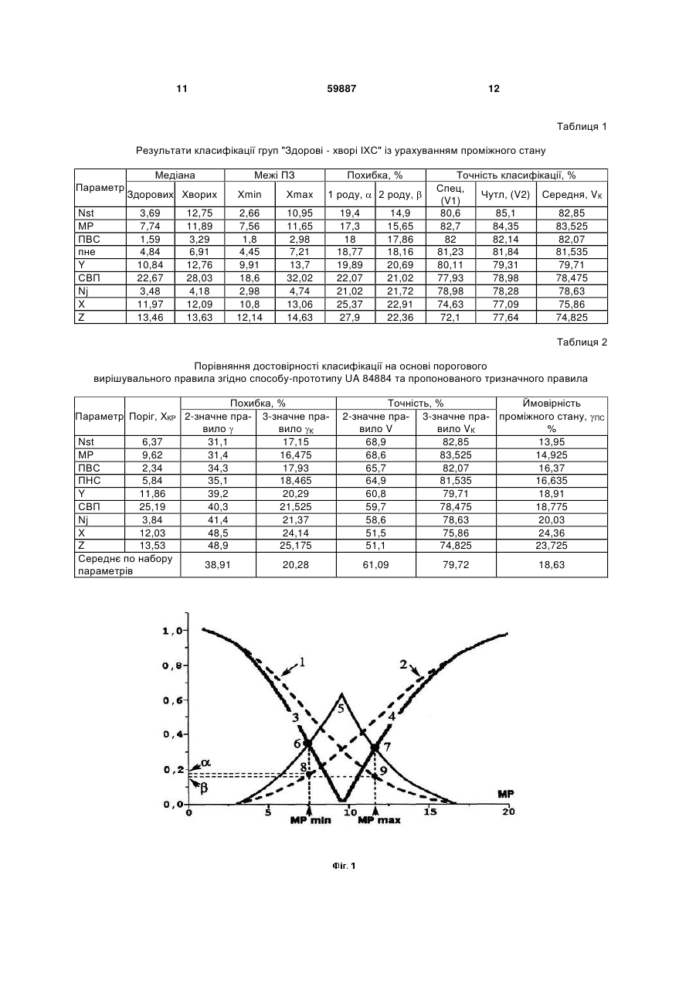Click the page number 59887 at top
pyautogui.click(x=341, y=89)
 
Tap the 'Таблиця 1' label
pyautogui.click(x=582, y=127)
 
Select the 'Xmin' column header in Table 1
pyautogui.click(x=250, y=194)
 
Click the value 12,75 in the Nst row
pyautogui.click(x=199, y=213)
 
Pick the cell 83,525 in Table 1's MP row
pyautogui.click(x=572, y=226)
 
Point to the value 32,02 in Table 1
pyautogui.click(x=300, y=278)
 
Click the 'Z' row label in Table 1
pyautogui.click(x=81, y=317)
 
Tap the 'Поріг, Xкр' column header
pyautogui.click(x=152, y=417)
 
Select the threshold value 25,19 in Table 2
pyautogui.click(x=152, y=506)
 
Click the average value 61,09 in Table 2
pyautogui.click(x=375, y=564)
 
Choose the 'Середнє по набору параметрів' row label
pyautogui.click(x=125, y=565)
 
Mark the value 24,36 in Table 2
pyautogui.click(x=552, y=533)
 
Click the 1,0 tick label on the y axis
pyautogui.click(x=171, y=631)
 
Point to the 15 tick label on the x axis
pyautogui.click(x=430, y=812)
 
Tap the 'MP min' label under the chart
pyautogui.click(x=311, y=820)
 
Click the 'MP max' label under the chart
pyautogui.click(x=379, y=820)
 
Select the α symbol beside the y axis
pyautogui.click(x=205, y=763)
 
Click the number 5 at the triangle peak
pyautogui.click(x=341, y=709)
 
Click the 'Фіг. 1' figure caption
pyautogui.click(x=344, y=866)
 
